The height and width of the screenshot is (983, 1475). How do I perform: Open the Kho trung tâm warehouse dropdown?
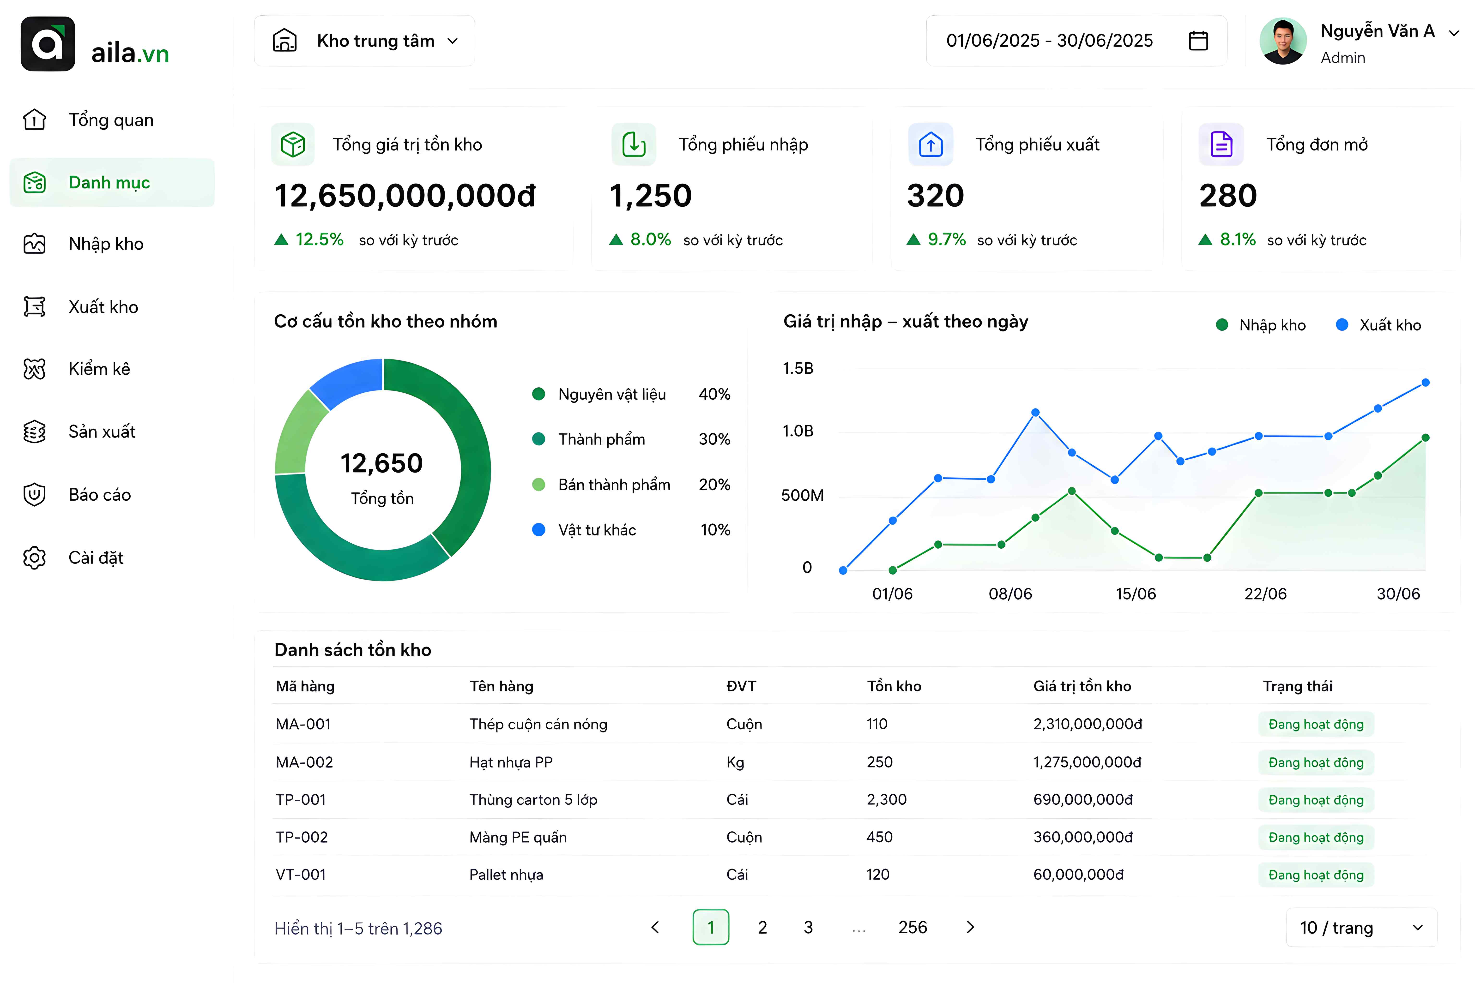point(364,41)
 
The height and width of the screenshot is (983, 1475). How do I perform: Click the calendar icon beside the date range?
point(1198,41)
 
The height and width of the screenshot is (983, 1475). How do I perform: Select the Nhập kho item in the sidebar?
point(106,244)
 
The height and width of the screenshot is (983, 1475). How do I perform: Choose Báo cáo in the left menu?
point(100,495)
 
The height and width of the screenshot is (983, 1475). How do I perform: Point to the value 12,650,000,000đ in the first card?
point(405,196)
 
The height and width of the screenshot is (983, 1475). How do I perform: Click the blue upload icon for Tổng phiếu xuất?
point(931,145)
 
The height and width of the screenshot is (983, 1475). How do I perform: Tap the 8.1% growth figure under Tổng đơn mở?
point(1237,240)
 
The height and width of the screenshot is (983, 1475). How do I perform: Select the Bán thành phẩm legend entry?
point(614,485)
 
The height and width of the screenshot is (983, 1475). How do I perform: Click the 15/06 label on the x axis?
point(1136,594)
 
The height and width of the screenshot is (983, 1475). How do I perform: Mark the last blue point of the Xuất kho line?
point(1426,382)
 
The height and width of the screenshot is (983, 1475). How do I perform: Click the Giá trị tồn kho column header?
point(1082,686)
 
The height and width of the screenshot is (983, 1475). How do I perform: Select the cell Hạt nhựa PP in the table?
point(511,762)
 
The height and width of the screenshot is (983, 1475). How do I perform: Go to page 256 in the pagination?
point(913,927)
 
